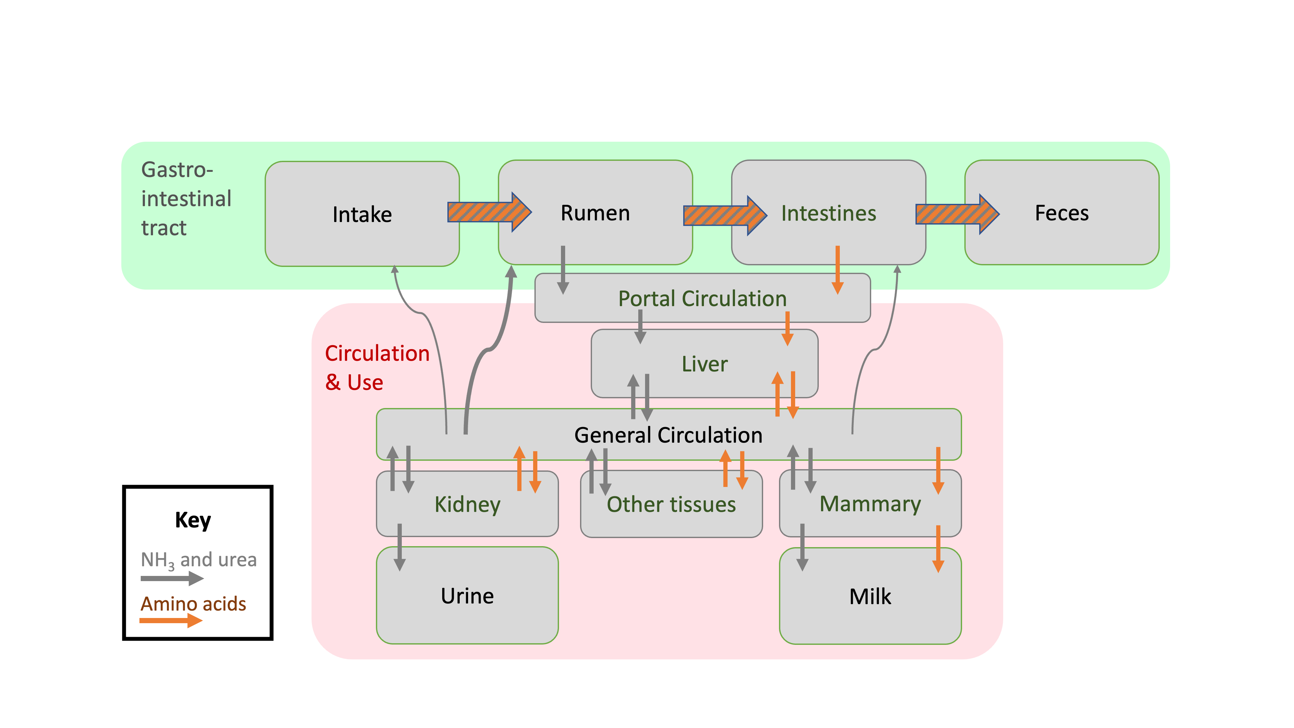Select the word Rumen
coord(595,213)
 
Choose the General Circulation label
coord(668,435)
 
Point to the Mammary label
coord(870,504)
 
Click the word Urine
coord(467,596)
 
